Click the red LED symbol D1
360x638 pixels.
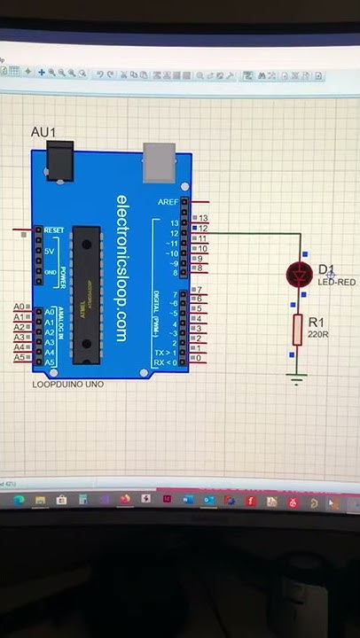(299, 275)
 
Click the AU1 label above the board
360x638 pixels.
(43, 133)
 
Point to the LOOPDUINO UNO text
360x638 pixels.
(68, 385)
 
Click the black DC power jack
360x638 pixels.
(59, 163)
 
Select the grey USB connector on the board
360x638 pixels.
(158, 160)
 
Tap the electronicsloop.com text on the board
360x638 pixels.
(122, 267)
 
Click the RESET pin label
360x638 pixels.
(53, 230)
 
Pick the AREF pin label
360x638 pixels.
(168, 202)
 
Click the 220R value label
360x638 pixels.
(318, 335)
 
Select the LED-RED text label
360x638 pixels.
(337, 282)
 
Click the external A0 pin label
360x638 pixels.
(19, 307)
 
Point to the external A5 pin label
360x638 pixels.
(19, 358)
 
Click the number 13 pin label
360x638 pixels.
(203, 218)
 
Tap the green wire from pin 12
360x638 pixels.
(257, 234)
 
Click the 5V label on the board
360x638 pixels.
(50, 252)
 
